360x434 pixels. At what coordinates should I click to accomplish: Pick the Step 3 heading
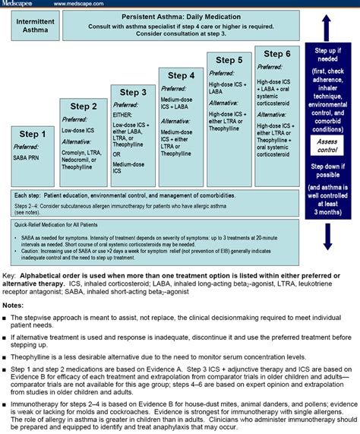click(134, 92)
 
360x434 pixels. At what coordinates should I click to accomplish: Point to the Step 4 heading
click(181, 75)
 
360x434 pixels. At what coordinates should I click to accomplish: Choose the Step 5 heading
click(229, 60)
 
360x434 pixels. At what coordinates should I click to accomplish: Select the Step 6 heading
click(277, 53)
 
